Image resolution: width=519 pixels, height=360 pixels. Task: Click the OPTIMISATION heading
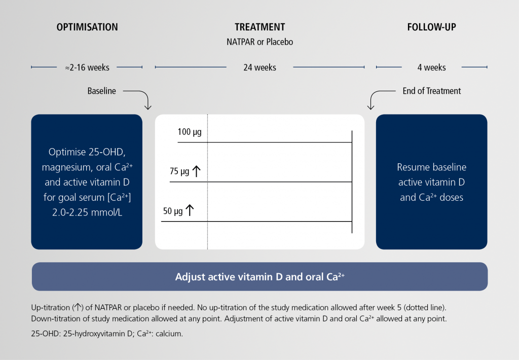click(x=87, y=27)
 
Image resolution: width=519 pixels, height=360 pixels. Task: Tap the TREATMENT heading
click(x=260, y=27)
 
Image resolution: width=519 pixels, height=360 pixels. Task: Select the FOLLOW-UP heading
click(x=432, y=27)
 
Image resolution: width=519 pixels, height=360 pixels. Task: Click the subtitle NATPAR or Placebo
click(x=260, y=42)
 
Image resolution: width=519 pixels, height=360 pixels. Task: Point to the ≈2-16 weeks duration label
click(x=87, y=67)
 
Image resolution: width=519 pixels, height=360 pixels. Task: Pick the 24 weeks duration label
click(x=260, y=67)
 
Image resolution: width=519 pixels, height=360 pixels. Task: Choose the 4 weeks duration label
click(x=432, y=67)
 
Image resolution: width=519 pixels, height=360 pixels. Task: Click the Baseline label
click(x=101, y=91)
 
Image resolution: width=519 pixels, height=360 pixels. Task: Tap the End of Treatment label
click(x=432, y=91)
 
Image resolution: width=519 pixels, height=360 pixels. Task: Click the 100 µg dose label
click(x=190, y=132)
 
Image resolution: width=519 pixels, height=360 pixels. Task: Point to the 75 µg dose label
click(x=179, y=171)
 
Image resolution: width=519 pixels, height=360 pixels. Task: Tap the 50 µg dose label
click(x=173, y=211)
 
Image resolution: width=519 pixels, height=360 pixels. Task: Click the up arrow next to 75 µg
click(x=197, y=171)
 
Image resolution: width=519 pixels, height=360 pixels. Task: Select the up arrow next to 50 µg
click(x=190, y=210)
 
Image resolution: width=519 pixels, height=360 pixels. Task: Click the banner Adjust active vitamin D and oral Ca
click(x=260, y=276)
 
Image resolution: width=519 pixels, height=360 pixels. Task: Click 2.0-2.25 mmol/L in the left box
click(x=87, y=212)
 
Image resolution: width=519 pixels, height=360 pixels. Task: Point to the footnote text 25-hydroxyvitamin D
click(x=98, y=334)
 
